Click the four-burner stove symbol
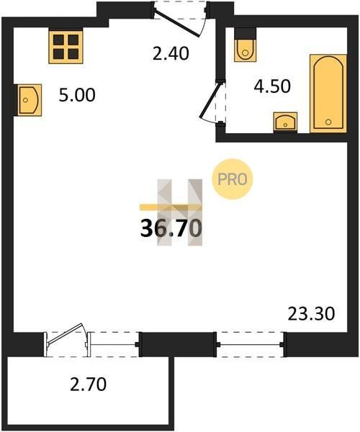coord(66,47)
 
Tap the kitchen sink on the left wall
coord(28,100)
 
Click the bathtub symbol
coord(328,94)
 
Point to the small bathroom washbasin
coord(285,122)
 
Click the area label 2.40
coord(171,54)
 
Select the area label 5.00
coord(77,95)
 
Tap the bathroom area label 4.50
coord(272,86)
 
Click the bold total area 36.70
coord(171,228)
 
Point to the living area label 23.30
coord(311,314)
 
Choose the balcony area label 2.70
coord(88,384)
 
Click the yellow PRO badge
coord(232,179)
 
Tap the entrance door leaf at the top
coord(176,23)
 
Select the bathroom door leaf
coord(210,99)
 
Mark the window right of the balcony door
coord(113,344)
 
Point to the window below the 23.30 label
coord(250,344)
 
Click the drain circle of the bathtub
coord(328,122)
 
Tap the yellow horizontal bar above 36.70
coord(171,207)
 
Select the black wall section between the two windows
coord(178,344)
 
